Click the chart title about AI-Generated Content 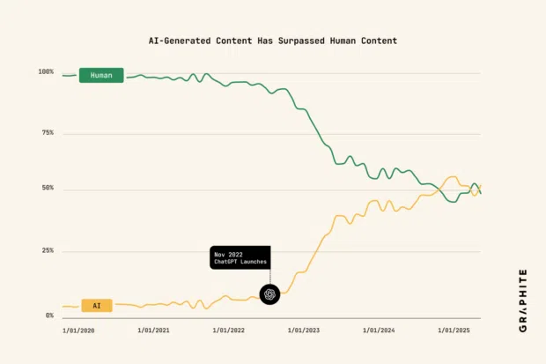coord(272,41)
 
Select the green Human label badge coord(101,76)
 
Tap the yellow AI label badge coord(97,306)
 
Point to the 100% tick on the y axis coord(46,71)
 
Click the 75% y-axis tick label coord(47,133)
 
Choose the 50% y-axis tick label coord(47,189)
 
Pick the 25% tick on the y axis coord(47,250)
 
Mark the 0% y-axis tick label coord(49,315)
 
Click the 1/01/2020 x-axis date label coord(79,331)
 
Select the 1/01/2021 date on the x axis coord(155,331)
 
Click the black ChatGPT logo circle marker coord(269,294)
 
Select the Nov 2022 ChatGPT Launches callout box coord(240,257)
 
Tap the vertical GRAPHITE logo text coord(522,300)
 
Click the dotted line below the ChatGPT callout coord(269,277)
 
